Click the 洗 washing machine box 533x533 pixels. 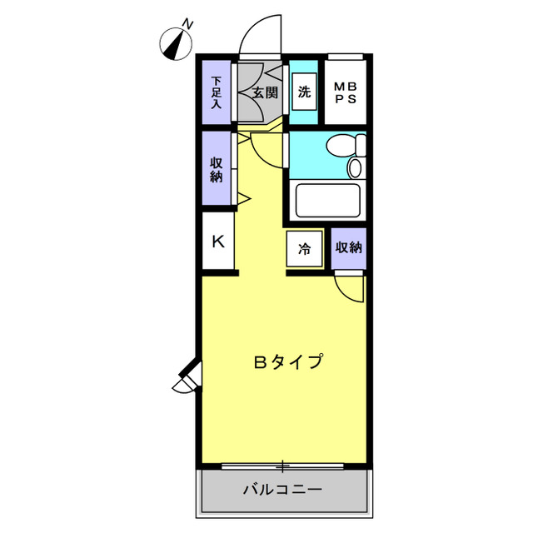coord(304,92)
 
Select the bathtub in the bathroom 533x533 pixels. coord(327,200)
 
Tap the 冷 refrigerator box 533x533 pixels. coord(305,248)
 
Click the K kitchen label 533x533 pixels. coord(218,242)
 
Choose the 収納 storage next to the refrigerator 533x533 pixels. coord(349,248)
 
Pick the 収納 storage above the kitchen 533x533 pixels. coord(217,169)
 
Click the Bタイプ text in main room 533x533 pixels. coord(287,362)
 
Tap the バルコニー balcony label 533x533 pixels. coord(282,489)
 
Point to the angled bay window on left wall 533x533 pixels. coord(187,376)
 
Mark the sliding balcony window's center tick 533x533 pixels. coord(283,465)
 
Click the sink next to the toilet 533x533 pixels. coord(355,168)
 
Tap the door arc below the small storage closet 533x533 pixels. coord(351,288)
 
